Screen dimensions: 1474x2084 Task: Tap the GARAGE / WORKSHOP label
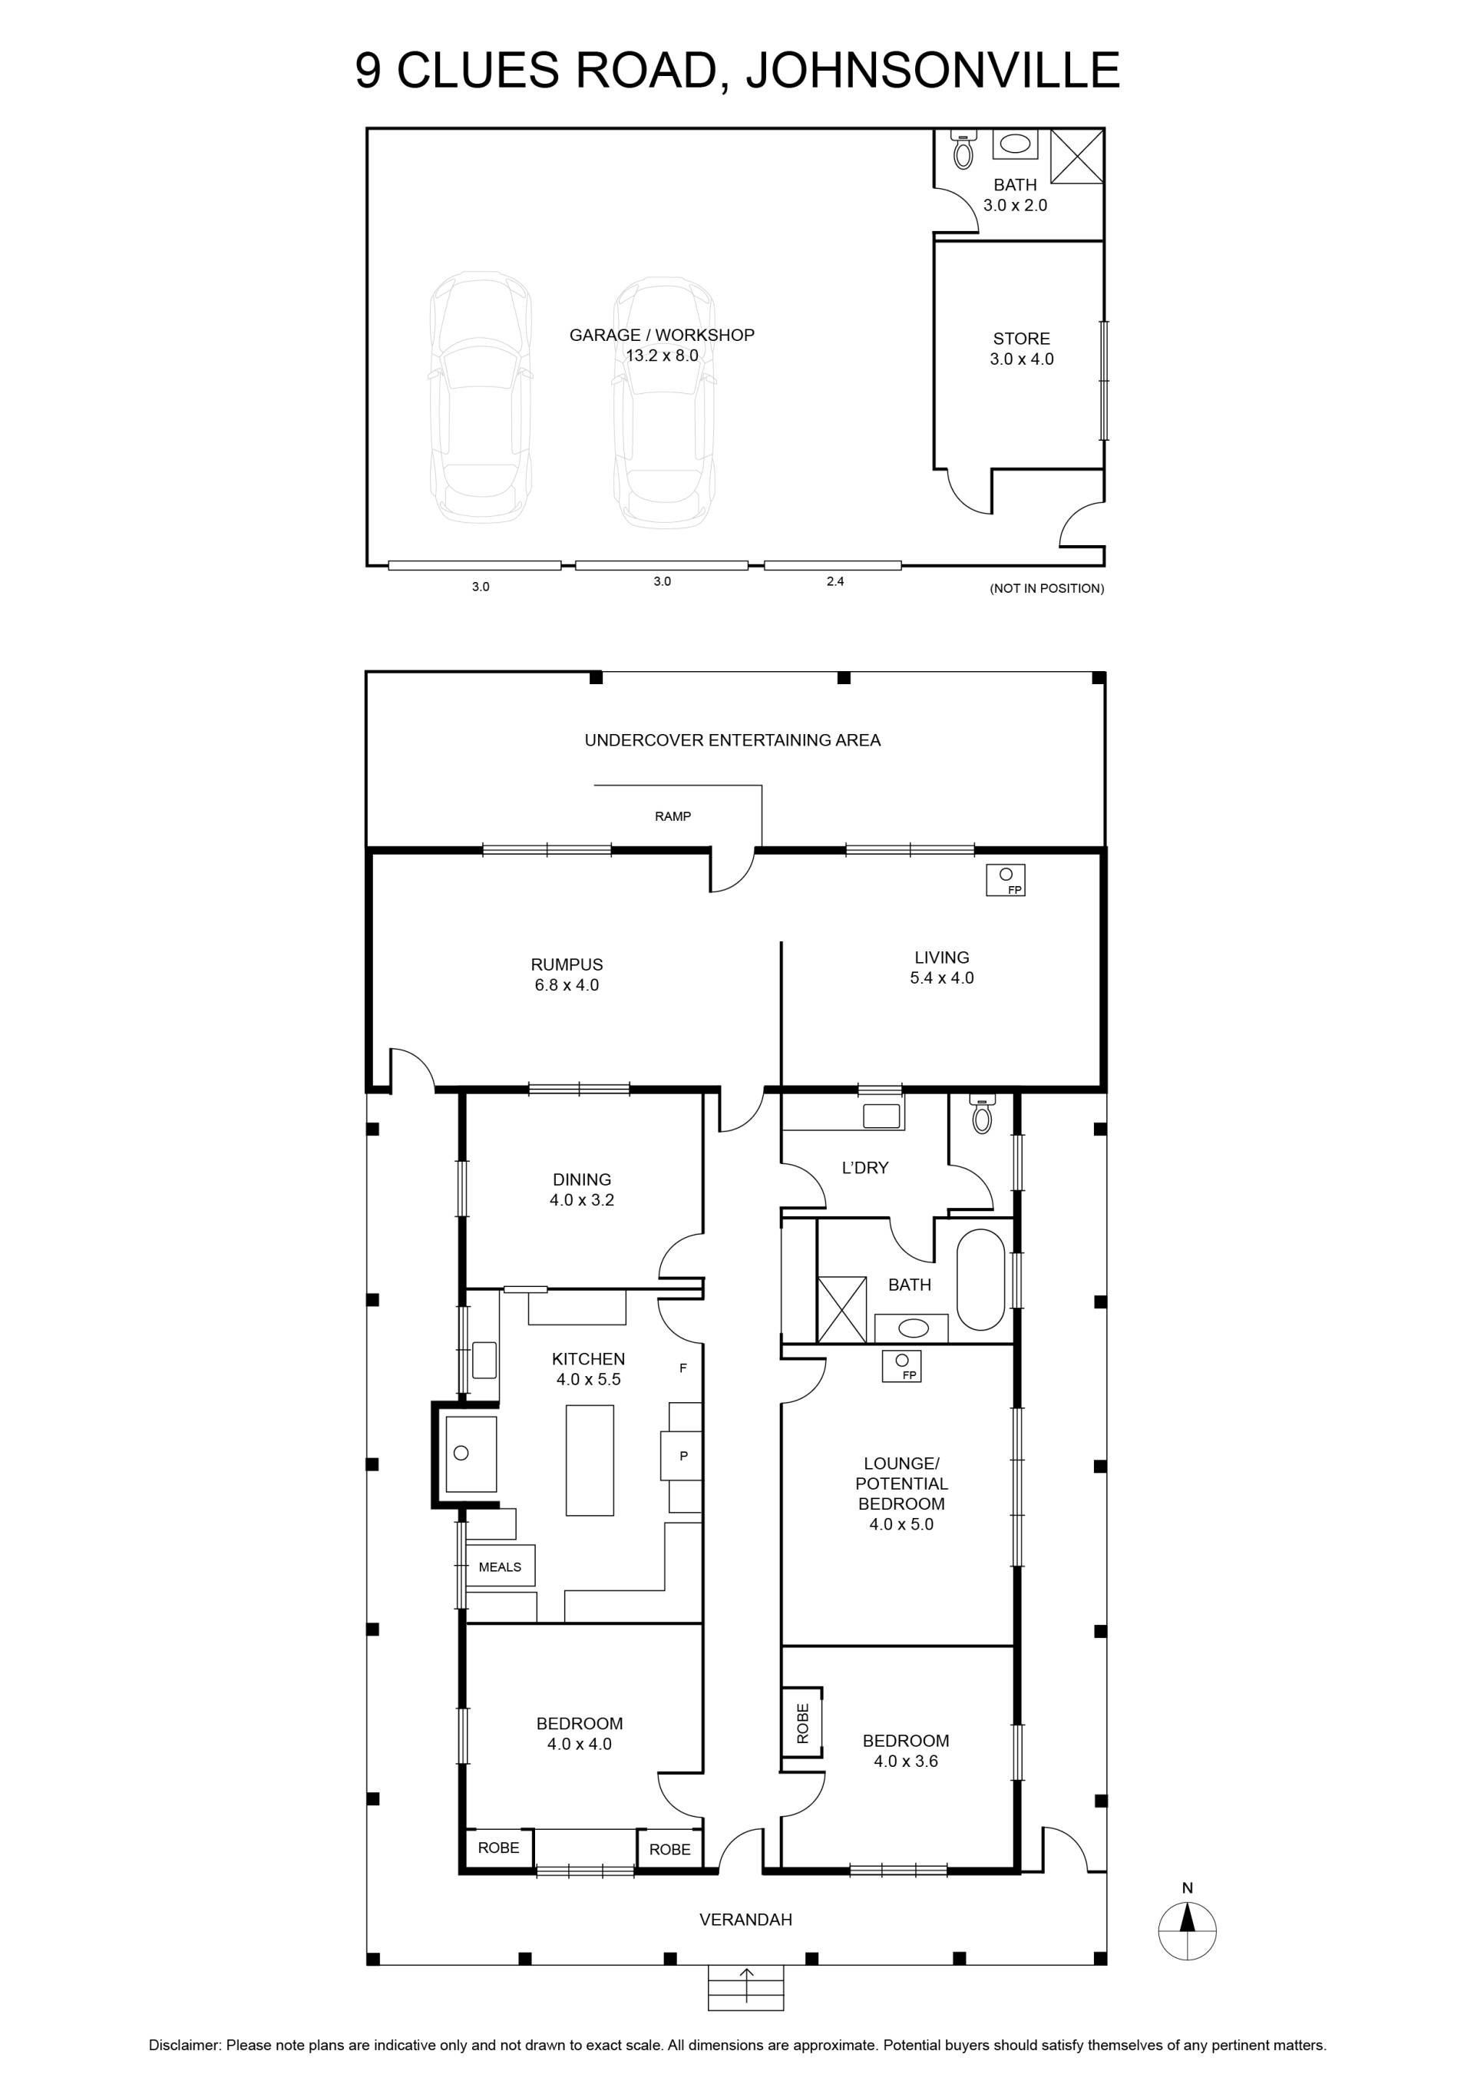click(x=662, y=335)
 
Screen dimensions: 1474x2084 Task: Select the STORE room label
click(x=1021, y=339)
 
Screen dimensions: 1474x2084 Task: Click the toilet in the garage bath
click(x=963, y=151)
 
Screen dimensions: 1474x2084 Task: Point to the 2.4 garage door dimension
click(x=835, y=581)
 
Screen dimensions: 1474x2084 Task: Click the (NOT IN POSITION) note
click(x=1046, y=588)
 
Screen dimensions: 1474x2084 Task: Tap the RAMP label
click(x=673, y=816)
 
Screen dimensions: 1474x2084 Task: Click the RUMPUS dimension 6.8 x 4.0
click(x=567, y=985)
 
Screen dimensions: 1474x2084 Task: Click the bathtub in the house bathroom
click(x=980, y=1280)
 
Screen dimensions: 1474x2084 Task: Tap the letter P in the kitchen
click(x=683, y=1456)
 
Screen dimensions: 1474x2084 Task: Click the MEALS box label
click(x=500, y=1566)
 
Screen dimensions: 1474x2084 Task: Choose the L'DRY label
click(x=865, y=1167)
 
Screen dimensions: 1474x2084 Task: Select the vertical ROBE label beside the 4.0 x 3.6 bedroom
click(x=802, y=1724)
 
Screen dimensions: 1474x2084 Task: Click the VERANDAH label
click(x=745, y=1920)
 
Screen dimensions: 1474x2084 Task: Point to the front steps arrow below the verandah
click(x=746, y=1985)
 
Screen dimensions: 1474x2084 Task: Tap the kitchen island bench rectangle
click(x=590, y=1460)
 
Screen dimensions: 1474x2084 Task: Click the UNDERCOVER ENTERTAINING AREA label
click(x=732, y=739)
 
